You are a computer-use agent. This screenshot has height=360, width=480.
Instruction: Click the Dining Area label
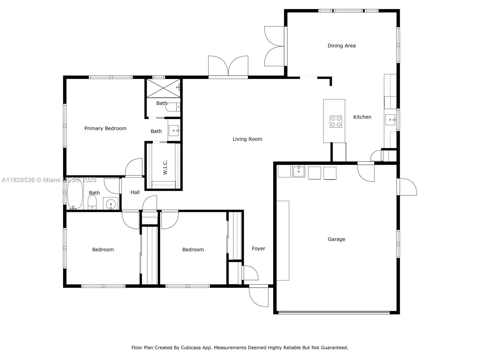341,46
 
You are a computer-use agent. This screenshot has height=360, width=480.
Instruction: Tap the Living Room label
247,139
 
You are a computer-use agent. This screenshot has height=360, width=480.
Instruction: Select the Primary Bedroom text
105,128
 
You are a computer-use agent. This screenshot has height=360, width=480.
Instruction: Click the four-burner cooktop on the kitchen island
336,121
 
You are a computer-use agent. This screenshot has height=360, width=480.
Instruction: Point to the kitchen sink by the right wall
390,120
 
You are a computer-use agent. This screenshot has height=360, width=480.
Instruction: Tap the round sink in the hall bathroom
111,204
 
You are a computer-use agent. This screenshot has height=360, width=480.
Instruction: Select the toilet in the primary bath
173,107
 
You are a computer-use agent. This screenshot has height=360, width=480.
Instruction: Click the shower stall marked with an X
163,88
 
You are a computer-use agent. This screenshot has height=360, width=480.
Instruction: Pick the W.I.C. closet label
165,167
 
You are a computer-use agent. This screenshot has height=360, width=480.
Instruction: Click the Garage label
336,239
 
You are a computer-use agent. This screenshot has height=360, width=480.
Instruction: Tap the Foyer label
258,248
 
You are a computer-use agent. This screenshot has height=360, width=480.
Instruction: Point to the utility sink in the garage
298,171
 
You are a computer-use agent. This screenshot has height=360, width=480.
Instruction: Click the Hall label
135,192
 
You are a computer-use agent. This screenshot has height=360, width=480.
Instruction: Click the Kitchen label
362,117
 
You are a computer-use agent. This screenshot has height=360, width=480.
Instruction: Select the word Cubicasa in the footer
190,347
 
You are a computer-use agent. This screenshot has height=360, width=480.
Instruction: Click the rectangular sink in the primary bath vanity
174,130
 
